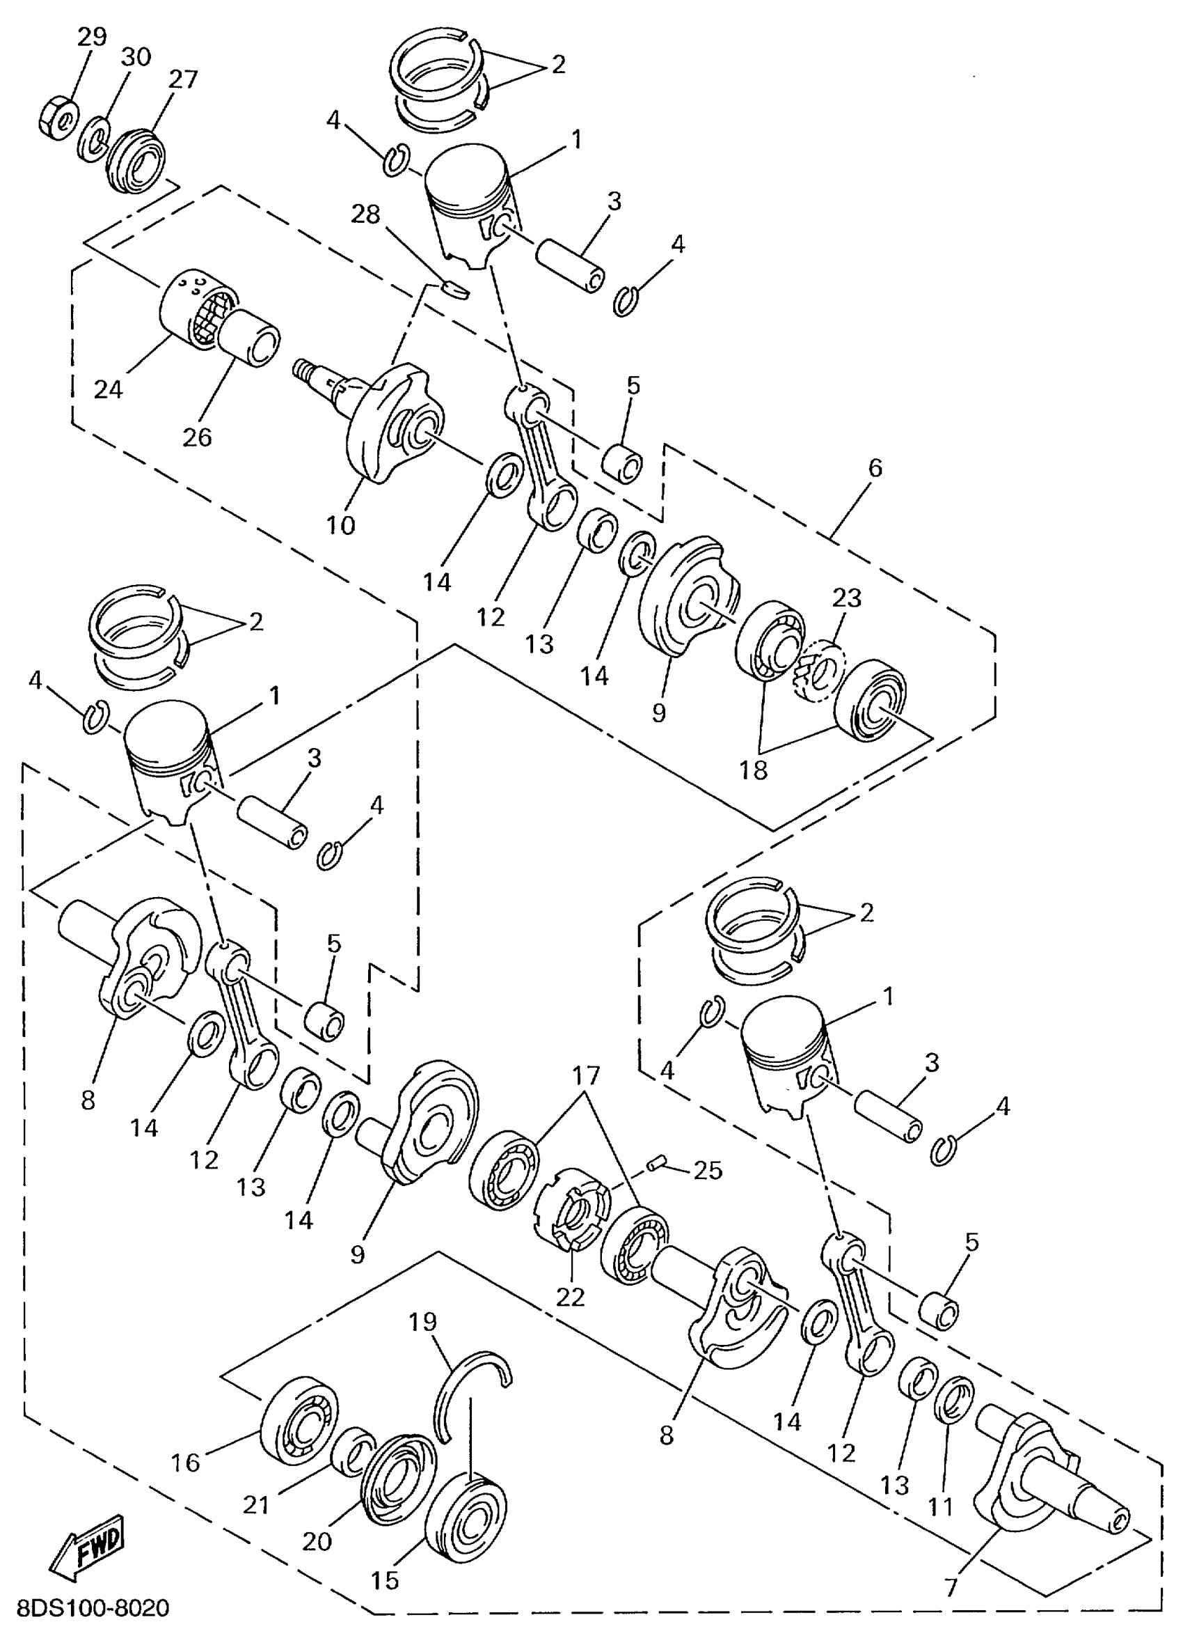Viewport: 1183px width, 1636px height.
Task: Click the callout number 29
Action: point(93,37)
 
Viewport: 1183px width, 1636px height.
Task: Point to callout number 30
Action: point(136,58)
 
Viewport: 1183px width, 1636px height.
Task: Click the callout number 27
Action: point(182,79)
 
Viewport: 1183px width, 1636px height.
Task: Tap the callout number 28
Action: point(365,215)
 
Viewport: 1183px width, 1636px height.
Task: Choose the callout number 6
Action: point(875,468)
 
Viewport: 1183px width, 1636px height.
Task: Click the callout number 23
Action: point(847,598)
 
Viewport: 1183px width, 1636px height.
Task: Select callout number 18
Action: point(754,771)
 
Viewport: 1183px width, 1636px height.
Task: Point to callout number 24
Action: point(108,389)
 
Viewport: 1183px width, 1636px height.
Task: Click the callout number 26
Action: point(197,437)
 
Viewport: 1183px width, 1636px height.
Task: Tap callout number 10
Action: point(341,525)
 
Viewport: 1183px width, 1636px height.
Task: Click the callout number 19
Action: point(423,1322)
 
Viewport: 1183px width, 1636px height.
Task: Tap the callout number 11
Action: point(941,1507)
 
